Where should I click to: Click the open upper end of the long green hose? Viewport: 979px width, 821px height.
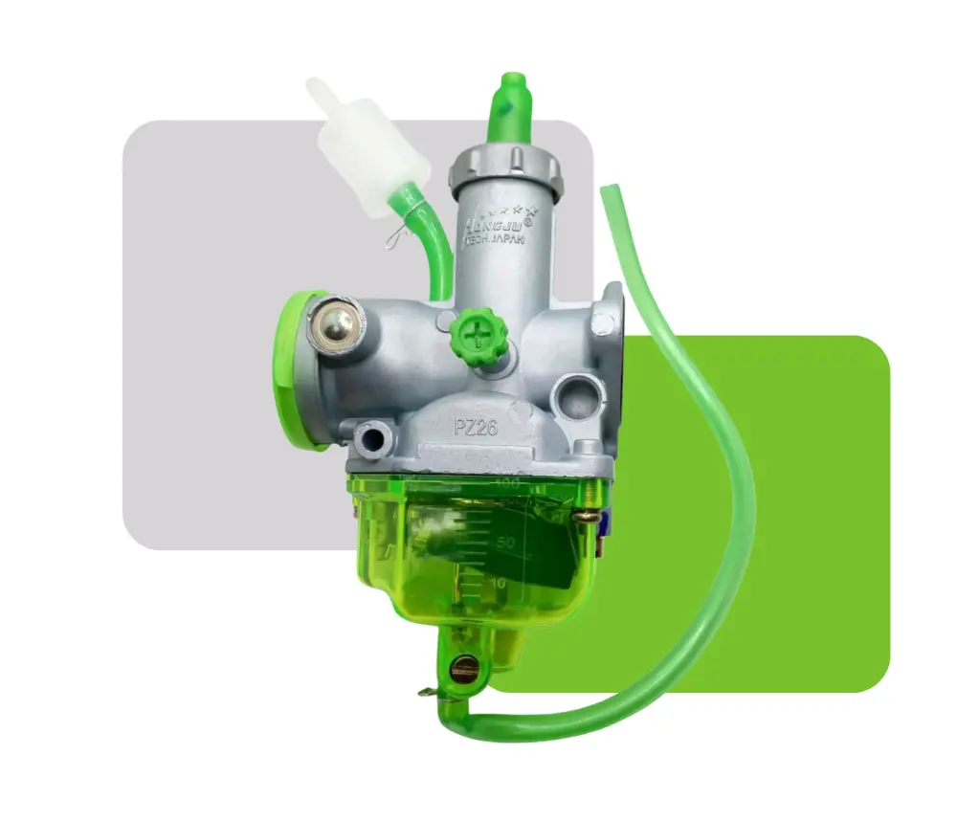pyautogui.click(x=606, y=190)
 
